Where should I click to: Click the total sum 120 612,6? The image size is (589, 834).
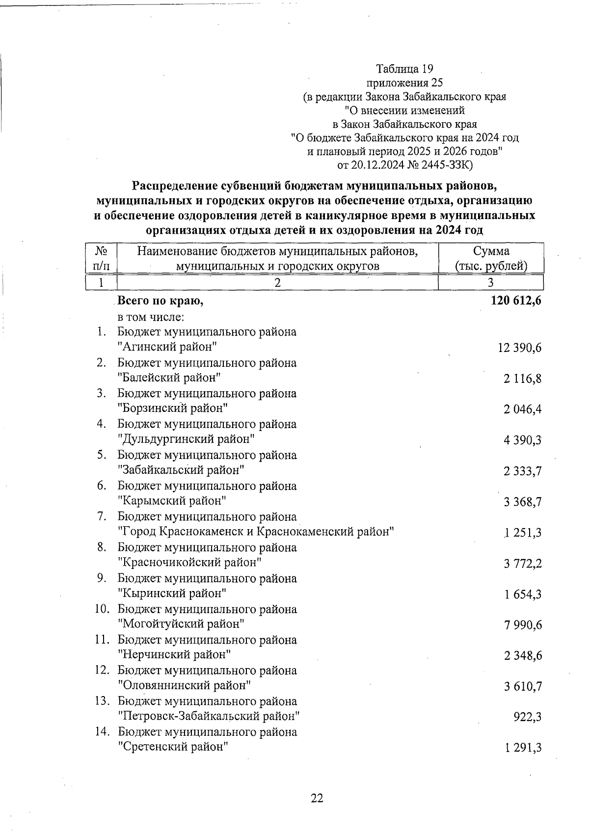point(515,301)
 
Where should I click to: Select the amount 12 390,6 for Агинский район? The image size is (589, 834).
point(519,348)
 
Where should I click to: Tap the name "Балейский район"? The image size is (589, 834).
point(169,378)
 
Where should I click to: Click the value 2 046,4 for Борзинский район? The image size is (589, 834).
point(522,409)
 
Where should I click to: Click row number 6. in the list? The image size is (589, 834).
point(102,486)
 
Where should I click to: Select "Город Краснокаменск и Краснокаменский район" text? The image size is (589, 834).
point(256,532)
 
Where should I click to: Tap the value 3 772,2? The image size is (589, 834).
point(522,564)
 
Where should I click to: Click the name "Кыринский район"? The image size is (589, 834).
point(172,593)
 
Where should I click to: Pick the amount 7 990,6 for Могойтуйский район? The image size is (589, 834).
point(522,625)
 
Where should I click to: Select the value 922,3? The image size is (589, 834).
point(527,717)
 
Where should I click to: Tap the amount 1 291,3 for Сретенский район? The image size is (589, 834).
point(522,748)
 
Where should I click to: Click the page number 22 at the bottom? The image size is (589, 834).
point(317,798)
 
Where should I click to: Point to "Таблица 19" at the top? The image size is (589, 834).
point(404,69)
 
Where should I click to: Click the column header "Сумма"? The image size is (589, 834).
point(491,251)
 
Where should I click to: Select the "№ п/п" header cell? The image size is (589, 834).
point(101,258)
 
